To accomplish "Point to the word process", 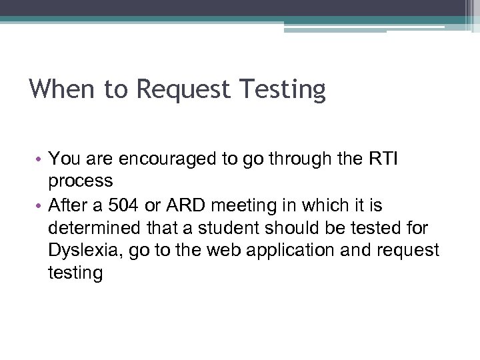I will [x=81, y=181].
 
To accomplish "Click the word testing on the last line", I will [x=75, y=273].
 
